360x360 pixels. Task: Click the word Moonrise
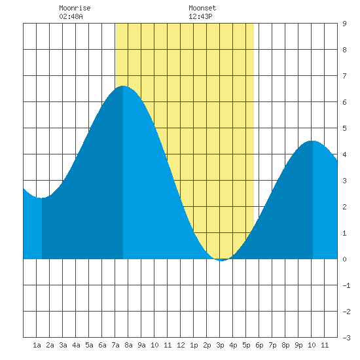pyautogui.click(x=75, y=8)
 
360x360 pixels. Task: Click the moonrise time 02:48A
pyautogui.click(x=71, y=16)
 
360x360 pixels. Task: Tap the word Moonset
pyautogui.click(x=202, y=8)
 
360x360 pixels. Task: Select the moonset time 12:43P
pyautogui.click(x=200, y=16)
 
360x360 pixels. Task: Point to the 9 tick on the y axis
pyautogui.click(x=344, y=24)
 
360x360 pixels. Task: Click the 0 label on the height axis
pyautogui.click(x=344, y=259)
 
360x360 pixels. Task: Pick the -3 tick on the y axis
pyautogui.click(x=346, y=338)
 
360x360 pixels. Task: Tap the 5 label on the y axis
pyautogui.click(x=344, y=128)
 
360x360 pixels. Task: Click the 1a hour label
pyautogui.click(x=37, y=345)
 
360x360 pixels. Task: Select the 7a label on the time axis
pyautogui.click(x=115, y=345)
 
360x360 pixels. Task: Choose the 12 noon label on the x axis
pyautogui.click(x=181, y=345)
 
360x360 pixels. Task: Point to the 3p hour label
pyautogui.click(x=220, y=345)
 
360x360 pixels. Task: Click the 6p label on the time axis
pyautogui.click(x=259, y=345)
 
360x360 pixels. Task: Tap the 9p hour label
pyautogui.click(x=298, y=345)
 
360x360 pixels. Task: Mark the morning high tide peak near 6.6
pyautogui.click(x=123, y=86)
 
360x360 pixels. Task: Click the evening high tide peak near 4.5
pyautogui.click(x=312, y=141)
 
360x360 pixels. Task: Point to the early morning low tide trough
pyautogui.click(x=41, y=198)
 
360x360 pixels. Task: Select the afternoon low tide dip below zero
pyautogui.click(x=221, y=261)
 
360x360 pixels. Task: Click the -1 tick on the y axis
pyautogui.click(x=346, y=285)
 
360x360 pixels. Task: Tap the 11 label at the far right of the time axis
pyautogui.click(x=325, y=345)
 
